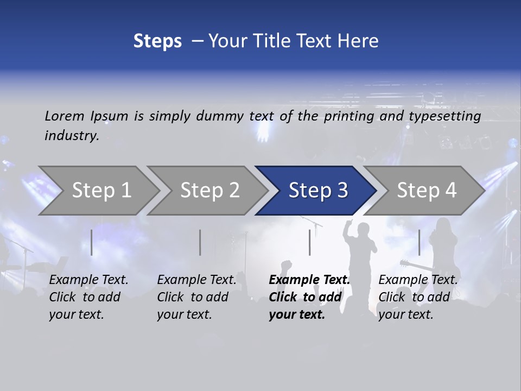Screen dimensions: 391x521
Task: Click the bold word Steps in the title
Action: point(157,41)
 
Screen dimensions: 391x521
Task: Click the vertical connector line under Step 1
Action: point(92,242)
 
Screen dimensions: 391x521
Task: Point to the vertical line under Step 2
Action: point(200,242)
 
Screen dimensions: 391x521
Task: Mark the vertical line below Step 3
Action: point(309,242)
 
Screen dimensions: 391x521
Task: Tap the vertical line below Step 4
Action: point(419,242)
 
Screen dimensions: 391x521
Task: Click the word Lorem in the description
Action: point(65,116)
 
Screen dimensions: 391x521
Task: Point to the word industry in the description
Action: point(72,135)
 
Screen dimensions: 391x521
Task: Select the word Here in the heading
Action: point(358,41)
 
